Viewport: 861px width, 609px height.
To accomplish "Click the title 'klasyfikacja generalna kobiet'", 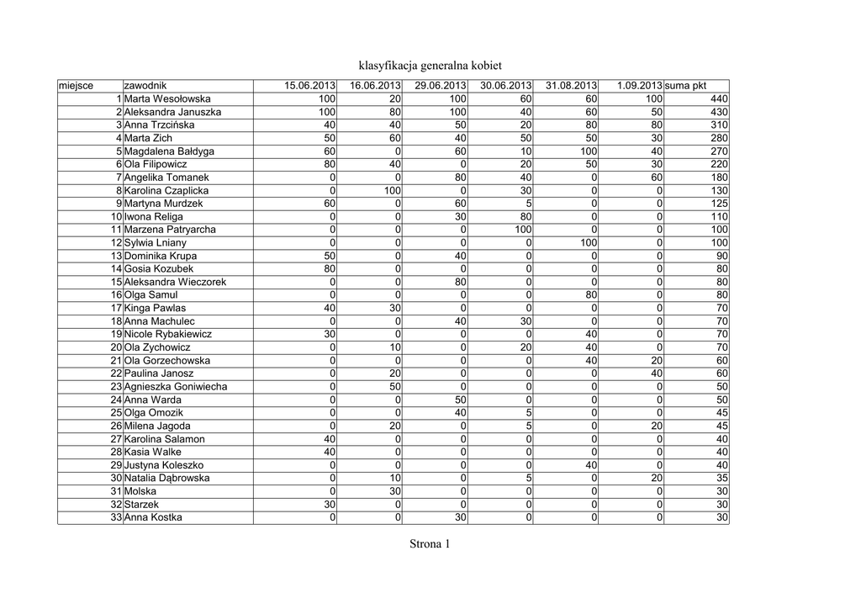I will click(x=430, y=65).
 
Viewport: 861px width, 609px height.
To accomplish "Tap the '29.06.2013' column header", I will click(x=441, y=86).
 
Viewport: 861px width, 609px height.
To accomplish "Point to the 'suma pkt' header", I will click(x=685, y=86).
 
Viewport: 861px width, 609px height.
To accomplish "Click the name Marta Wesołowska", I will click(x=167, y=99).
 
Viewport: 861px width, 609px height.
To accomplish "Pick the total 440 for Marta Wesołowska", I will click(x=719, y=99).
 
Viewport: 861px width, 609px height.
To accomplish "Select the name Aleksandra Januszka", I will click(x=172, y=112).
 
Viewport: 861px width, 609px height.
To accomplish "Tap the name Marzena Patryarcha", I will click(x=170, y=230).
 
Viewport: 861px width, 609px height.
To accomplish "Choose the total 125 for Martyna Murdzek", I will click(x=719, y=204).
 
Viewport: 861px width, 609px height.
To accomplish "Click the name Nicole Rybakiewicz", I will click(x=168, y=334).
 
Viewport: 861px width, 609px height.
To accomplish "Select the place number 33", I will click(x=116, y=517).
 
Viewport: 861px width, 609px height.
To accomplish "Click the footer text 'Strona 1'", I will click(x=430, y=544).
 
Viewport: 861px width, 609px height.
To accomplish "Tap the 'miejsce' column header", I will click(x=77, y=86).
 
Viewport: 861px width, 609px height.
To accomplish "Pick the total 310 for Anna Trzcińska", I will click(x=719, y=125).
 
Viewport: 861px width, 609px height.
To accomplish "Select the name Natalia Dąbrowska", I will click(x=167, y=478).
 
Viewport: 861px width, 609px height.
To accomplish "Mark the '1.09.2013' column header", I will click(x=639, y=86).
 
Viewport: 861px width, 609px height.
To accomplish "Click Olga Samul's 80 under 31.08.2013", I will click(x=589, y=295).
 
